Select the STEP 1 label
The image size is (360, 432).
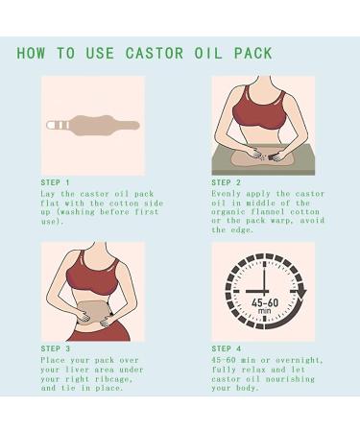[x=55, y=181]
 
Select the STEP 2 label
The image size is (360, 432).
[x=227, y=181]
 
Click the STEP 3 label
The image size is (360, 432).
[x=55, y=348]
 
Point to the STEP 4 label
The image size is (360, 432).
[x=227, y=348]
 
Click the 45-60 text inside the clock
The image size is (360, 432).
[x=266, y=300]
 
